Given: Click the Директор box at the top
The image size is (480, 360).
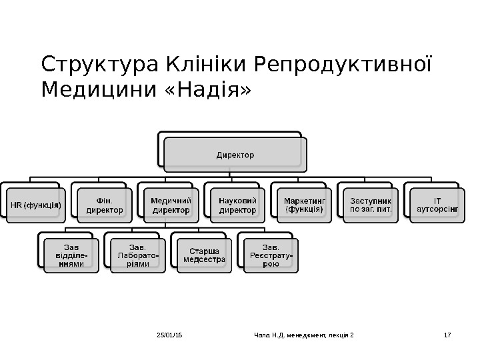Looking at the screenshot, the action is [235, 155].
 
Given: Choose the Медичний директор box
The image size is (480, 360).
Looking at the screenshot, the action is [171, 205].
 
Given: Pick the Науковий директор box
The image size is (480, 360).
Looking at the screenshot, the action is [237, 205].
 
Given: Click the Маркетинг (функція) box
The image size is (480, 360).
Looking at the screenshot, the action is [304, 205].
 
